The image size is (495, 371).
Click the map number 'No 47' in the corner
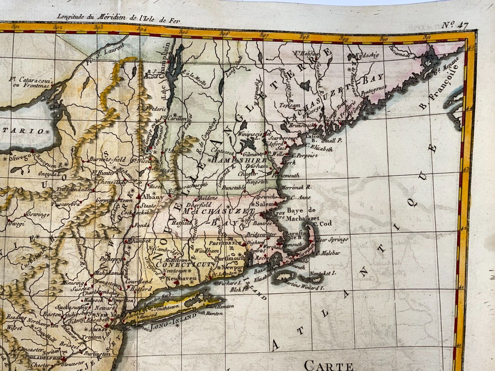pos(455,25)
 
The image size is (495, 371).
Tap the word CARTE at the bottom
pos(328,365)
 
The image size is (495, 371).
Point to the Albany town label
pos(153,196)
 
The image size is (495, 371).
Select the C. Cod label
pos(322,223)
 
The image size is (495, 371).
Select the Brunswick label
pos(299,125)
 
